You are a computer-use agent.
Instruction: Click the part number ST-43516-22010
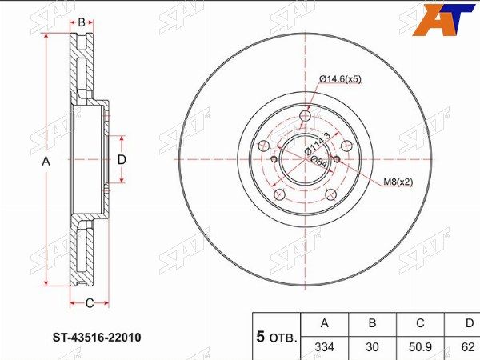coord(97,338)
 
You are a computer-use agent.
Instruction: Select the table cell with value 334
coord(325,347)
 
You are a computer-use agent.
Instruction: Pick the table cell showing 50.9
coord(420,347)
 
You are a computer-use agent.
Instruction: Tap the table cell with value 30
coord(372,347)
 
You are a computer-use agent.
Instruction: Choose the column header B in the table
coord(372,324)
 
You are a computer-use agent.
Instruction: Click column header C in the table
coord(420,324)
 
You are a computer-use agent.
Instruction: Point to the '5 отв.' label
coord(277,338)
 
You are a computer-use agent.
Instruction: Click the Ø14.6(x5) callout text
coord(340,79)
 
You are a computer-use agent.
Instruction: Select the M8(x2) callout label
coord(398,182)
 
